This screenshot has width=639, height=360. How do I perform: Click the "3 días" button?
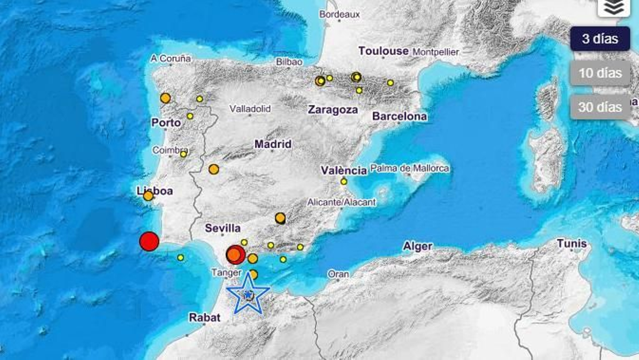tap(600, 39)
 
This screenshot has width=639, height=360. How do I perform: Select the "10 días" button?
tap(600, 73)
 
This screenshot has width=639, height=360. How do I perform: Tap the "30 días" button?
tap(600, 107)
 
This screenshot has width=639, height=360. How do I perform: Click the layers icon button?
tap(613, 7)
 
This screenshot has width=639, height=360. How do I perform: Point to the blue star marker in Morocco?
tap(248, 295)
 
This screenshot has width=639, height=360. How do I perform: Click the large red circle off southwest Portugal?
tap(149, 241)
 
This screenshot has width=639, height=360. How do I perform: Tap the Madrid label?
tap(273, 144)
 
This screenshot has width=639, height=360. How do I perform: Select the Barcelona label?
tap(399, 116)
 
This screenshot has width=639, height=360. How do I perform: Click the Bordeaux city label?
tap(339, 14)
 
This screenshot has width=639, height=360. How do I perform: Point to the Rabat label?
tap(204, 318)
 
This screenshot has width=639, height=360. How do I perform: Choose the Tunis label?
tap(572, 243)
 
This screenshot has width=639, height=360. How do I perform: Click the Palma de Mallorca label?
tap(409, 168)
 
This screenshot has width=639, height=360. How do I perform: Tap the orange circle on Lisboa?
tap(148, 196)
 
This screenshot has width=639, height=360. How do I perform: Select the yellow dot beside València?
tap(344, 182)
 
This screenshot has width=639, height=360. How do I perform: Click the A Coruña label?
tap(171, 58)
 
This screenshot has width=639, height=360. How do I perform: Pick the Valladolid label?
tap(250, 109)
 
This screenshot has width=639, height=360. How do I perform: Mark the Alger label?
tap(417, 246)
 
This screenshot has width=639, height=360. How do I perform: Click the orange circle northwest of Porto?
tap(165, 98)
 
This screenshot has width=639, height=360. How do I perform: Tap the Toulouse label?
tap(383, 51)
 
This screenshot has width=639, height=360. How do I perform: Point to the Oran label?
tap(338, 274)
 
